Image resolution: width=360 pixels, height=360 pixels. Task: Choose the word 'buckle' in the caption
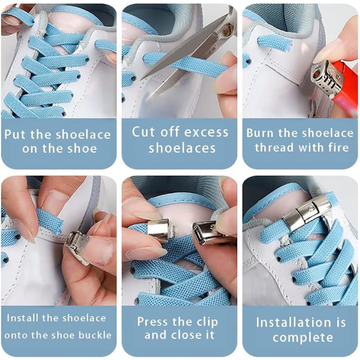point(94,335)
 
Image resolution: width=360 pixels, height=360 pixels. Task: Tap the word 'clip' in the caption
point(207,322)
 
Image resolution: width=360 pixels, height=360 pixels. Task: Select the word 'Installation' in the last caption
point(292,322)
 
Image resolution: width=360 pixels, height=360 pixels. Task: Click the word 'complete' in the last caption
point(303,337)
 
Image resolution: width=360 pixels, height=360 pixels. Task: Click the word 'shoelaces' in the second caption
point(182,148)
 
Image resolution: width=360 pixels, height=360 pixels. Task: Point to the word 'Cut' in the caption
point(141,132)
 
